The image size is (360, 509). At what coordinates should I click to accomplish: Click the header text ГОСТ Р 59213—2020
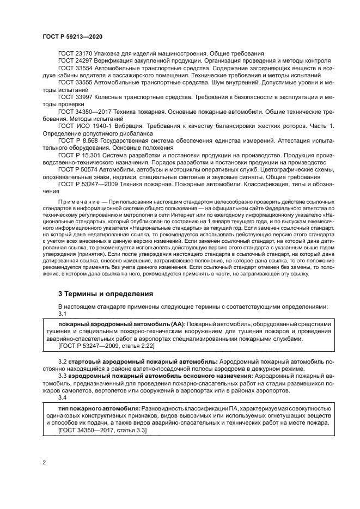[72, 35]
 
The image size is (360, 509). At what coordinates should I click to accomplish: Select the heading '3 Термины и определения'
[106, 294]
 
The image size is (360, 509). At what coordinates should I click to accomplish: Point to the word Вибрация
[129, 125]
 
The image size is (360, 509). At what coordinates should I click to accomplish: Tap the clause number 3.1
[62, 314]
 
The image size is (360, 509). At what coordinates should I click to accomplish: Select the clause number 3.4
[62, 397]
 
